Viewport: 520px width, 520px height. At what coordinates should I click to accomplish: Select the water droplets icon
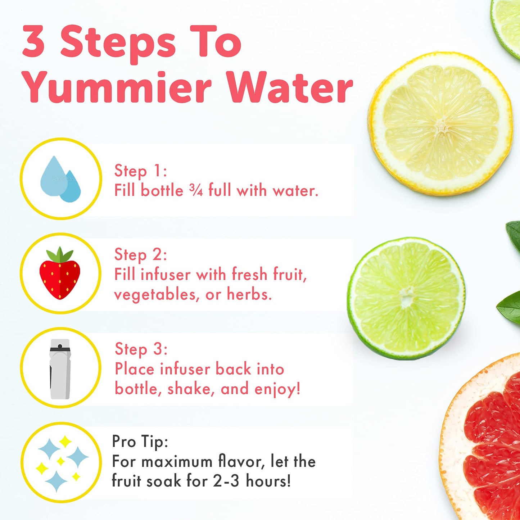coord(60,179)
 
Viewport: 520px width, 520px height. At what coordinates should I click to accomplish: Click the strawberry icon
coord(60,274)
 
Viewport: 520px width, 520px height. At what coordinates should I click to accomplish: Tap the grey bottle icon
coord(60,368)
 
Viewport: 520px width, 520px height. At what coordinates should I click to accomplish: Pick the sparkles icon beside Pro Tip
coord(61,463)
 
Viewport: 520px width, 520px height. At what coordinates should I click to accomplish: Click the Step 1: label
coord(140,171)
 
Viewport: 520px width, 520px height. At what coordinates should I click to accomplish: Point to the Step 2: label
coord(140,254)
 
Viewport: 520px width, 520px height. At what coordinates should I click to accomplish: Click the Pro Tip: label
coord(140,442)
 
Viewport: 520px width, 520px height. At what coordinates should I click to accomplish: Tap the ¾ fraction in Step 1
coord(196,190)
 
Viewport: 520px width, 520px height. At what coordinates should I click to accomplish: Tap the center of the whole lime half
coord(407,298)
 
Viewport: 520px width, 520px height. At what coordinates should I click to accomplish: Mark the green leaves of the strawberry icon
coord(60,255)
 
